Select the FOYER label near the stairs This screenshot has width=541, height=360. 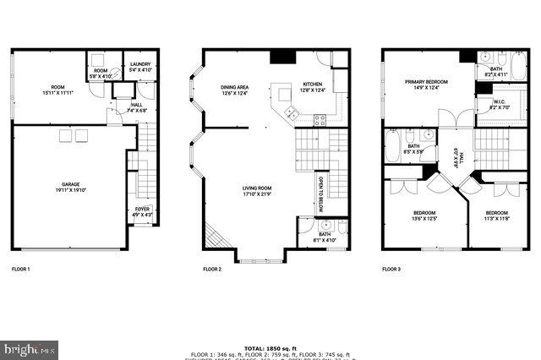coord(143,210)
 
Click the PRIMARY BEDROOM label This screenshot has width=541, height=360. coord(425,81)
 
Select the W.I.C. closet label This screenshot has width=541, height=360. coord(498,102)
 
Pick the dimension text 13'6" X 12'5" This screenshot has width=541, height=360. coord(424,219)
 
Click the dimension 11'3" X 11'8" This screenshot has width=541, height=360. coord(496,219)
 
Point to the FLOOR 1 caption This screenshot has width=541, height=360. coord(20,269)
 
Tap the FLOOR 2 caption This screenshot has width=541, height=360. coord(211,269)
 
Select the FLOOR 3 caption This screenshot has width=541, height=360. coord(391,269)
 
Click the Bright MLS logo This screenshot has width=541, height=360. coord(30,348)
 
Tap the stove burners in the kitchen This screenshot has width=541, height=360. coord(320,119)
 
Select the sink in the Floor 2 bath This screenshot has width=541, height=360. coord(326,226)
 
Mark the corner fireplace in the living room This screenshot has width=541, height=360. coord(216,239)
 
